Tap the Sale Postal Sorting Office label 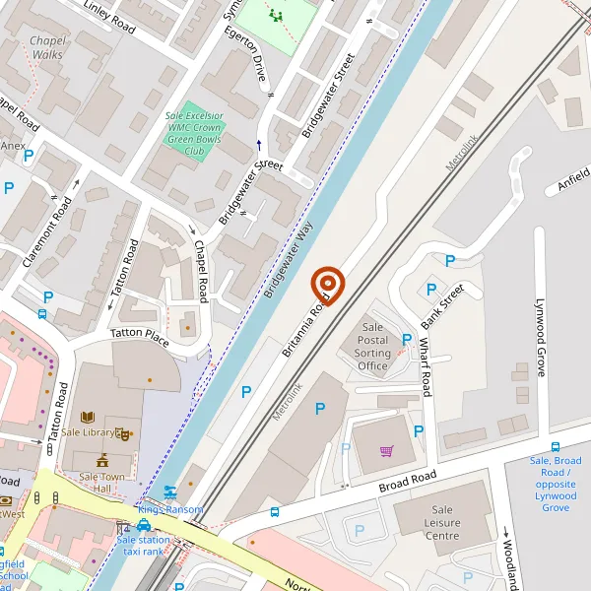(372, 347)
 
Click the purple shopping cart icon (386, 451)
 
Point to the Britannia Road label (304, 328)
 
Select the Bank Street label (441, 306)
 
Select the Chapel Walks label (47, 47)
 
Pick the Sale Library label (85, 431)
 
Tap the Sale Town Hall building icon (101, 460)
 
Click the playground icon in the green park (276, 16)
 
